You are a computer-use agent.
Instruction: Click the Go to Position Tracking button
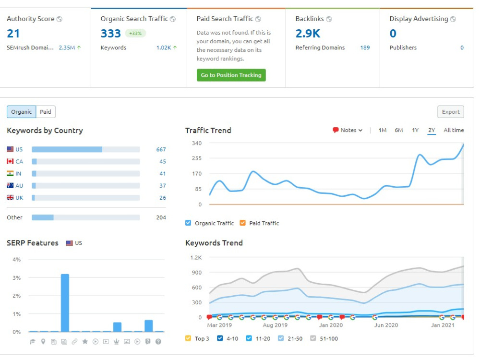[x=231, y=75]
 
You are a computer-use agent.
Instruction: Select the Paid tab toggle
[x=46, y=112]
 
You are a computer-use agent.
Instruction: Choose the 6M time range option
[x=398, y=130]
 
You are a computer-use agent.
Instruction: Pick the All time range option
[x=454, y=130]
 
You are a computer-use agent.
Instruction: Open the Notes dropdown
[x=348, y=130]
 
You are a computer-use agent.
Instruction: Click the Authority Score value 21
[x=13, y=34]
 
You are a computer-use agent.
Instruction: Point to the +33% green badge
[x=135, y=33]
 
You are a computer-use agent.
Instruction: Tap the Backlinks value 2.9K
[x=308, y=34]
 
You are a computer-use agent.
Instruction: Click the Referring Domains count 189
[x=365, y=48]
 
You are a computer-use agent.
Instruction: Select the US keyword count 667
[x=161, y=149]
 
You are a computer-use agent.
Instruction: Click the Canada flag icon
[x=10, y=161]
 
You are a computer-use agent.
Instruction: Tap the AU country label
[x=19, y=185]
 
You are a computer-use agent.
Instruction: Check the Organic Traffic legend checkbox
[x=188, y=223]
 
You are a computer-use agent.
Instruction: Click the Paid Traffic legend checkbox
[x=242, y=223]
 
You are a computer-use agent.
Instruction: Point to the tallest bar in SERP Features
[x=65, y=303]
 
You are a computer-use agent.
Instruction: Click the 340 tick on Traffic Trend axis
[x=197, y=143]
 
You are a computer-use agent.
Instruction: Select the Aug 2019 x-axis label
[x=275, y=325]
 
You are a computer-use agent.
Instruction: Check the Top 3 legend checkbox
[x=188, y=338]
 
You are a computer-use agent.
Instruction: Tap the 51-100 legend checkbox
[x=313, y=338]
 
